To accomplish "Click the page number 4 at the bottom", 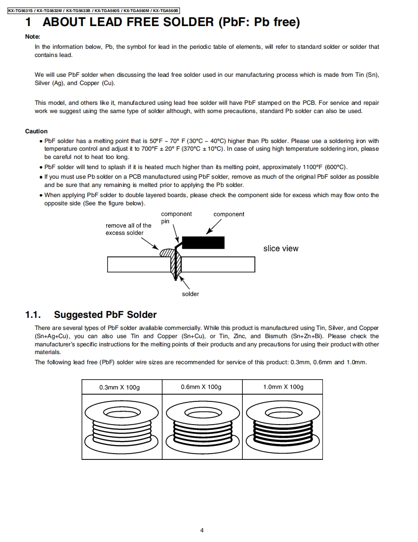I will tap(202, 530).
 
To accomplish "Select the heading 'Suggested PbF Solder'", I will tap(105, 315).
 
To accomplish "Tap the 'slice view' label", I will tap(281, 248).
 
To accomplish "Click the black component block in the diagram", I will tap(203, 242).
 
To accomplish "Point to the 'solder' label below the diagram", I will tap(190, 294).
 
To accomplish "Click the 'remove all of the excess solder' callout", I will tap(128, 229).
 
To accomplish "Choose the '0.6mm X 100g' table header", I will tap(201, 387).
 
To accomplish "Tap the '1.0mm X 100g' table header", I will tap(283, 387).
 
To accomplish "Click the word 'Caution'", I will tap(36, 131).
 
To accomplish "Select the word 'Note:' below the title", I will tap(32, 37).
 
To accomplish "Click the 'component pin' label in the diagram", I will tap(176, 217).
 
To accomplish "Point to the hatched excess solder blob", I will tap(166, 252).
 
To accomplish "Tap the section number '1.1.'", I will tap(33, 315).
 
